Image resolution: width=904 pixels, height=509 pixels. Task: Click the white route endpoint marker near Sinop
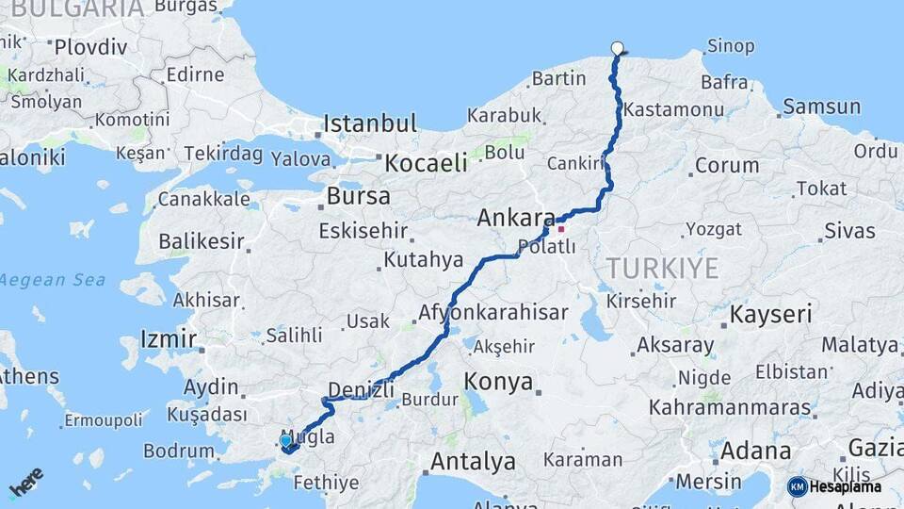(618, 48)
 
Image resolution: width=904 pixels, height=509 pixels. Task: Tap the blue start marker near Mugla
(286, 440)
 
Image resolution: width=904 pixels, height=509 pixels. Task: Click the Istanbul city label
(369, 123)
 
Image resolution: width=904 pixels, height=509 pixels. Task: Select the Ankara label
(516, 218)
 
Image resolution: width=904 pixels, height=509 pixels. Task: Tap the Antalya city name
(473, 462)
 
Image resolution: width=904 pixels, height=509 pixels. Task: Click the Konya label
(499, 383)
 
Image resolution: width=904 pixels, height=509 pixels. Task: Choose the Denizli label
(361, 388)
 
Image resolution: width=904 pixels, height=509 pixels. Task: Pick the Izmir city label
(168, 338)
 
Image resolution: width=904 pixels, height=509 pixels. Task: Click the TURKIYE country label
(663, 268)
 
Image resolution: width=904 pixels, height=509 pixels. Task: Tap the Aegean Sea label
(53, 280)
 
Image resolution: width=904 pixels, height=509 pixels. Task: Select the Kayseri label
(771, 314)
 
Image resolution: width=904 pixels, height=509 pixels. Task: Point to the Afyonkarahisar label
(492, 313)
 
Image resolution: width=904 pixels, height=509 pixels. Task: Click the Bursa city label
(358, 197)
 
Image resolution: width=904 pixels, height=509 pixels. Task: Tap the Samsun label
(821, 107)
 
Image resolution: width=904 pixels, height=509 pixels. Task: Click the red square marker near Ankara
(561, 229)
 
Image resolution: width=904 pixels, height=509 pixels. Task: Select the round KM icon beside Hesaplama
(798, 486)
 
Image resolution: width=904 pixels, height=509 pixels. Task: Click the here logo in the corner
(26, 482)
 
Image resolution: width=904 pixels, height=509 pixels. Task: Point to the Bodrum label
(178, 452)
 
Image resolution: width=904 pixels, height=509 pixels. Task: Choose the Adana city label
(752, 451)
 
